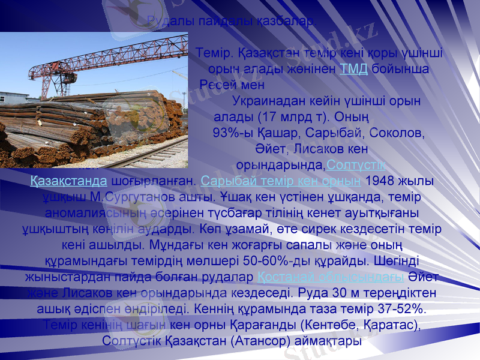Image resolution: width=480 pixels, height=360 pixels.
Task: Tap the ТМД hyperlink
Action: (353, 68)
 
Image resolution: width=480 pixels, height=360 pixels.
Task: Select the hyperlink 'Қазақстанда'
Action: (69, 180)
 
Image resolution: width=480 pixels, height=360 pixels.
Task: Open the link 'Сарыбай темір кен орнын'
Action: (281, 180)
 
